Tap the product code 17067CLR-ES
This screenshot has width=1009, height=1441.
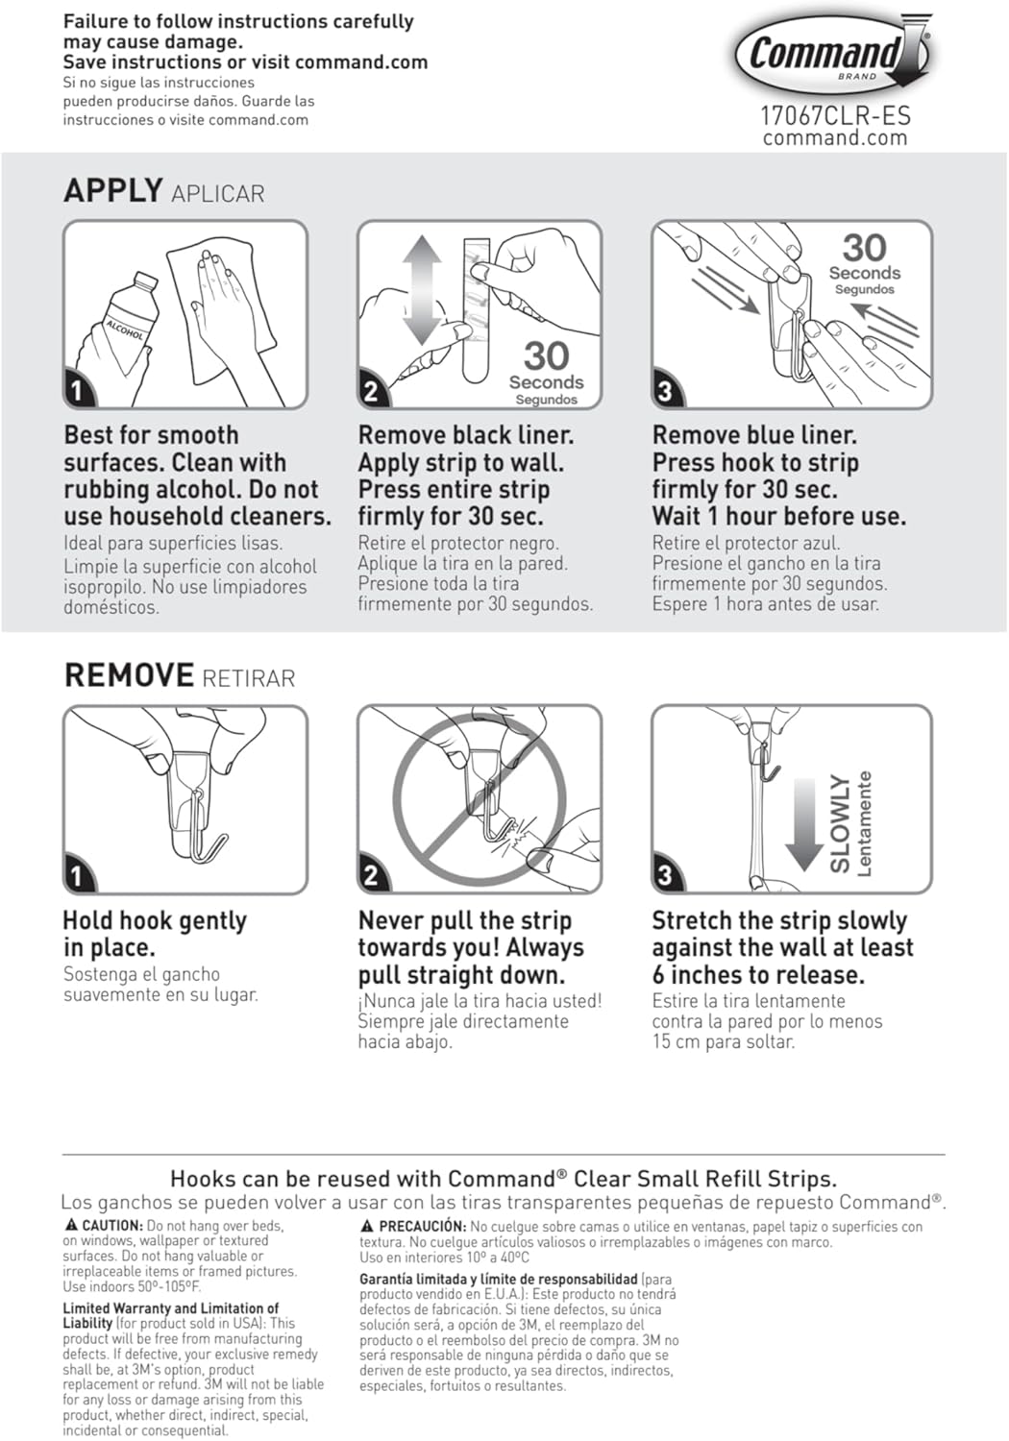835,116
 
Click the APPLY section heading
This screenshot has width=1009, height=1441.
112,190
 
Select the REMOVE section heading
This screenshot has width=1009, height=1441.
129,675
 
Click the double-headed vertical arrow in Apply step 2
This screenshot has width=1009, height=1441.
421,290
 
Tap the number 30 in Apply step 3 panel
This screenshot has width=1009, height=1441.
864,248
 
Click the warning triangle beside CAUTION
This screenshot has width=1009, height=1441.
71,1225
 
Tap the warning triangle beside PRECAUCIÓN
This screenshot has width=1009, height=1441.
367,1226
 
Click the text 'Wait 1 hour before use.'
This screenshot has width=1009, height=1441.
778,517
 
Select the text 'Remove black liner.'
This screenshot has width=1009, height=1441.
465,435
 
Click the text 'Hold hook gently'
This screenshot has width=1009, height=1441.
155,920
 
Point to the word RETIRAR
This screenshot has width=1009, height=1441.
249,678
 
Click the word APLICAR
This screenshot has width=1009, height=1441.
217,194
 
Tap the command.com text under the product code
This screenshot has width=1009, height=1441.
835,138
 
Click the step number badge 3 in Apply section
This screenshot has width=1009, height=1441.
665,391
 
